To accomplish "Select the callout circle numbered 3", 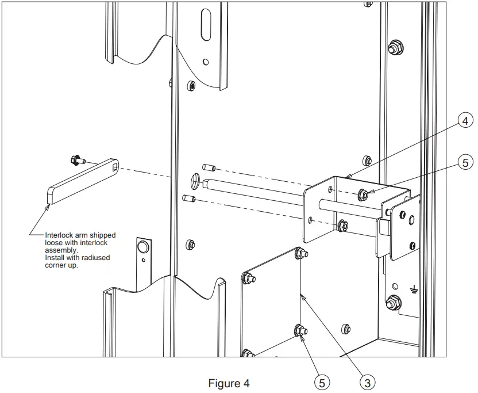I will coord(368,381).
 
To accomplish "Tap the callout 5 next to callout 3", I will coord(323,381).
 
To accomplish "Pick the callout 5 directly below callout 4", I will coord(467,163).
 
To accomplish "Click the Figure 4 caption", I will coord(229,383).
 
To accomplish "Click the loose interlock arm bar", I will coord(80,182).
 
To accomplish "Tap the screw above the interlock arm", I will coord(76,159).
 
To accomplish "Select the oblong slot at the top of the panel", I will coord(206,24).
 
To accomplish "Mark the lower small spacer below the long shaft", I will coord(189,199).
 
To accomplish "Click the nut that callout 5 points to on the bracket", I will coord(363,195).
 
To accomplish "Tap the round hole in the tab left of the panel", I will coord(142,248).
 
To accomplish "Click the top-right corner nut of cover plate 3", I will coord(299,253).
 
